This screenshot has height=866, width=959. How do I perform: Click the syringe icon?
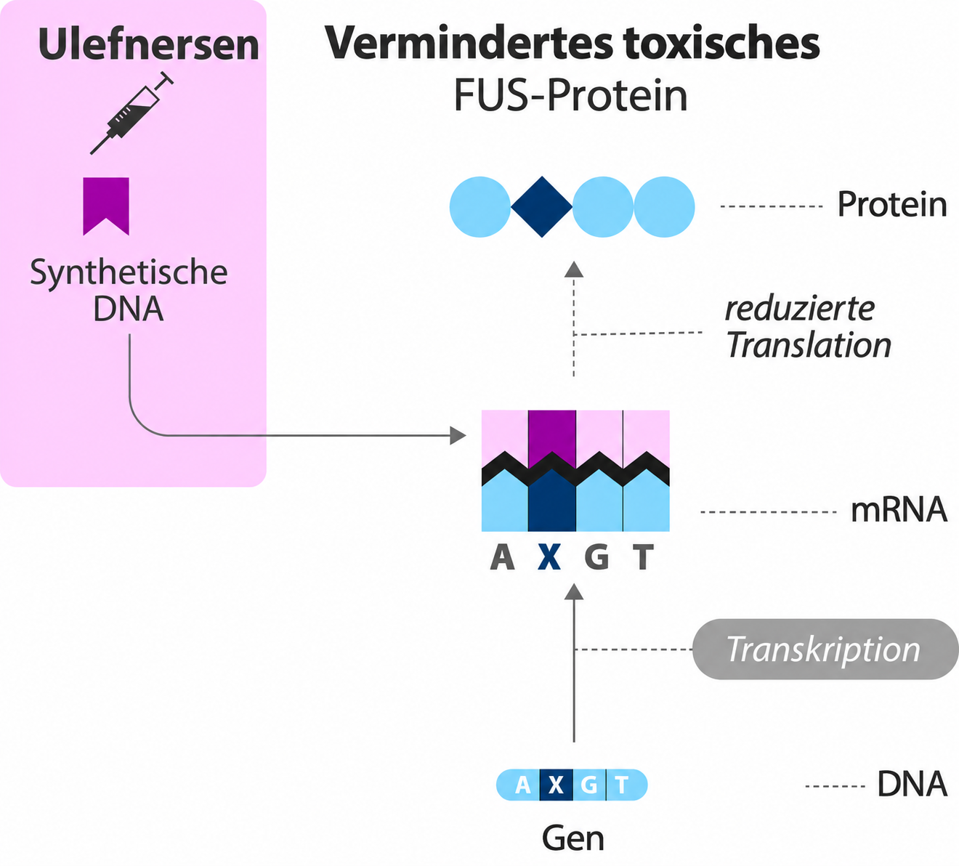[x=132, y=114]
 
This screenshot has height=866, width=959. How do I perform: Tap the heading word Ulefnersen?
[x=149, y=44]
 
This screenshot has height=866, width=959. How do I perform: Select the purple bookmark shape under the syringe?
[x=106, y=206]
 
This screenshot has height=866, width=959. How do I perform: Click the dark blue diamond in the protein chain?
[x=542, y=206]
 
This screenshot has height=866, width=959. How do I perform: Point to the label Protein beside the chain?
[x=892, y=205]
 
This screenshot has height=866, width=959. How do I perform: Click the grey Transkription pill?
[x=825, y=649]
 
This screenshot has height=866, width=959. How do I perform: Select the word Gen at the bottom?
[x=573, y=838]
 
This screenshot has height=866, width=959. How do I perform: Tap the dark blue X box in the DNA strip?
[x=556, y=785]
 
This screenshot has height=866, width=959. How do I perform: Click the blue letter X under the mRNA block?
[x=549, y=557]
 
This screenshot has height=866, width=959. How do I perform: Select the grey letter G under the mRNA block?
[x=597, y=557]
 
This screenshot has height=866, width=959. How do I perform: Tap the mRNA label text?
[x=899, y=511]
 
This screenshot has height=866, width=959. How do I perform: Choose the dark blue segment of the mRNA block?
[x=552, y=501]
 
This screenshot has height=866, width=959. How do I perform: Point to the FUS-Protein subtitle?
[x=571, y=95]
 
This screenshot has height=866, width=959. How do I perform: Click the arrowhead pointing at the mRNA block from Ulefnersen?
[x=458, y=436]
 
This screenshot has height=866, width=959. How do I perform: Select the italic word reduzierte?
[x=800, y=309]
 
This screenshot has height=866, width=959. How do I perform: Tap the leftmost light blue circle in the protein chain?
[x=480, y=206]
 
